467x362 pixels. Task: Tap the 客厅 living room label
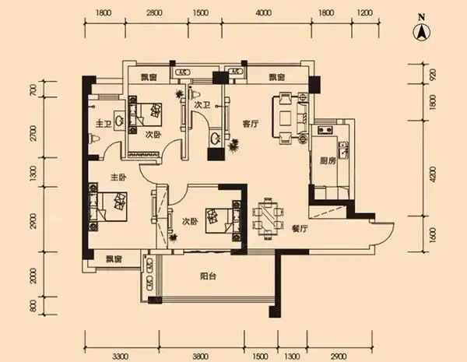[250, 123]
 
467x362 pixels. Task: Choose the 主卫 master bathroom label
[104, 124]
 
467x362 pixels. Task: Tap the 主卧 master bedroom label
[118, 176]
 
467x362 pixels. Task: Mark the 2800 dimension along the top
[154, 14]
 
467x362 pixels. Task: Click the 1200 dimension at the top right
[363, 14]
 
